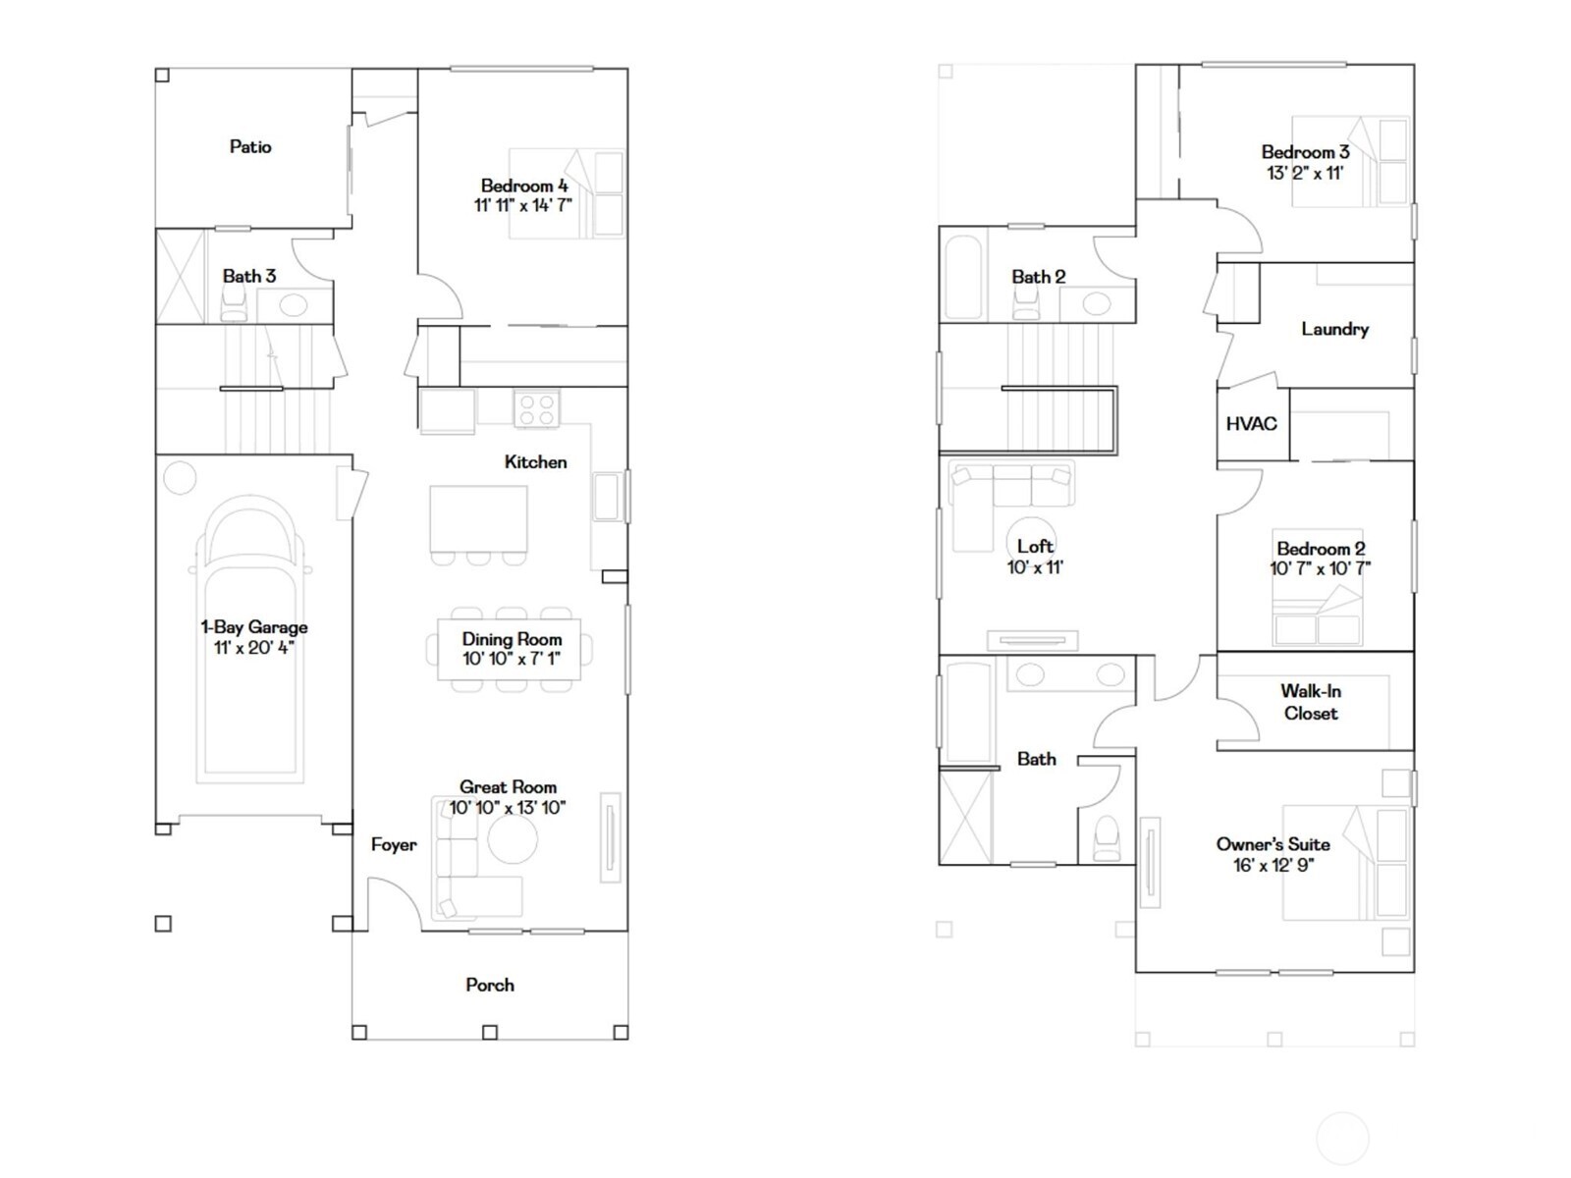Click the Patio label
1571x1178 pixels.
point(250,147)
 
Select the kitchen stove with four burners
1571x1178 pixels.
point(536,408)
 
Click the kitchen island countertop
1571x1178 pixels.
point(478,518)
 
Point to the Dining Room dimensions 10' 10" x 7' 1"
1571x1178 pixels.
point(512,659)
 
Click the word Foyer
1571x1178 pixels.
point(394,844)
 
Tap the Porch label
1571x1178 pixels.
point(489,985)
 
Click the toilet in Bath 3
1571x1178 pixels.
point(234,307)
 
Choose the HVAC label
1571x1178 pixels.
point(1251,424)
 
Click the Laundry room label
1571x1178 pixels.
point(1334,329)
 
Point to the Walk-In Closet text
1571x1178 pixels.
point(1310,702)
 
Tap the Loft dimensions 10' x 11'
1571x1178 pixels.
point(1035,567)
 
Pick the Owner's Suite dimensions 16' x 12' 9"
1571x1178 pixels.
point(1273,865)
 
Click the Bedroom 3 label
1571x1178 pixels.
point(1305,152)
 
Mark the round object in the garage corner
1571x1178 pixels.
point(180,478)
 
